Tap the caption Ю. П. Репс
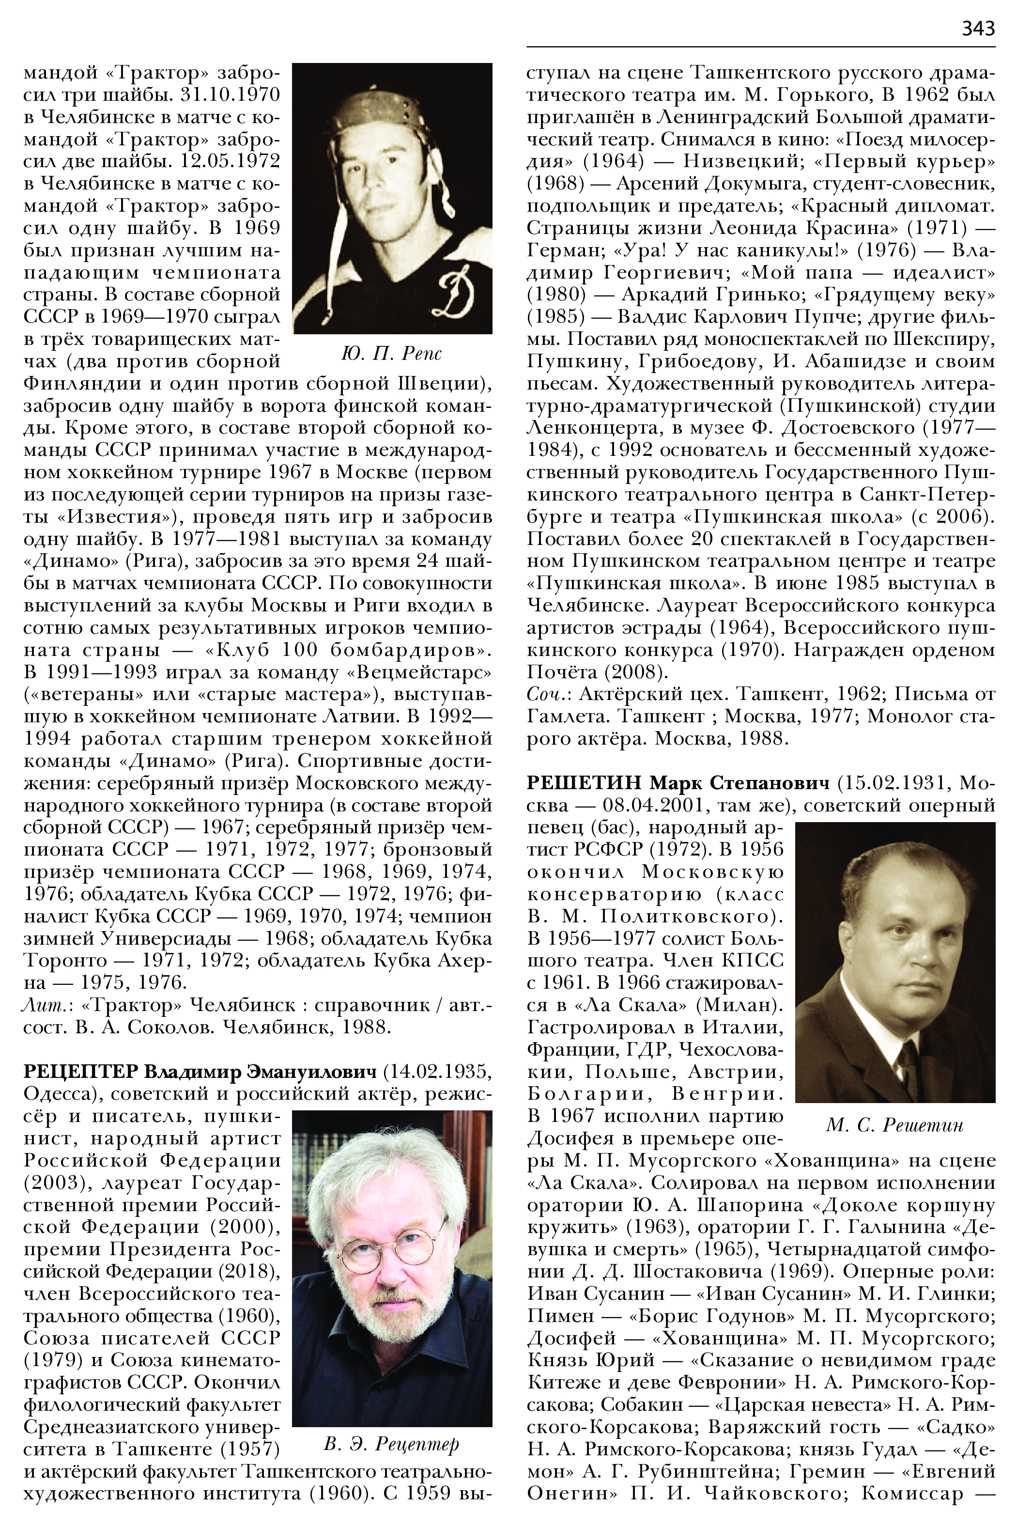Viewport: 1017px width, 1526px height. click(391, 354)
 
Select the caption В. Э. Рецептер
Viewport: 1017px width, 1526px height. click(391, 1444)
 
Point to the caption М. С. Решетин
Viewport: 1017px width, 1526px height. click(894, 1124)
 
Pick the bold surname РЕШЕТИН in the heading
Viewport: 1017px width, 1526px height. click(584, 783)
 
